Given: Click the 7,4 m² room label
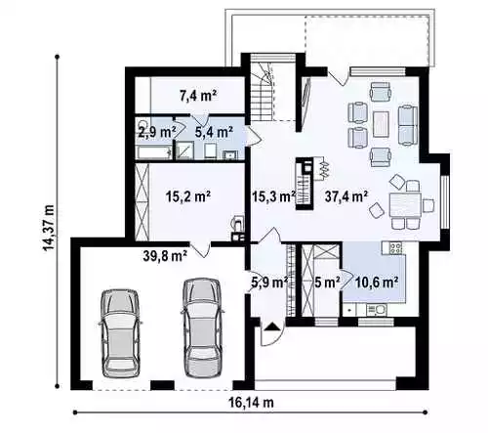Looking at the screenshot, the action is [x=198, y=96].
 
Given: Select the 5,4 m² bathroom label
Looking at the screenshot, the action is [x=214, y=132].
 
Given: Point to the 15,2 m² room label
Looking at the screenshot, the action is [x=188, y=196].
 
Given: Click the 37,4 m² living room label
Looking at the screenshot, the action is [x=346, y=196].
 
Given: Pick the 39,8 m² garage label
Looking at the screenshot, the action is [x=165, y=256].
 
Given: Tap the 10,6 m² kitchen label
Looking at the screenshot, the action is [x=377, y=282].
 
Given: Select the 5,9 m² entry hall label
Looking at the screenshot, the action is [x=269, y=282].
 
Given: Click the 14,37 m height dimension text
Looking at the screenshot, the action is [x=49, y=228].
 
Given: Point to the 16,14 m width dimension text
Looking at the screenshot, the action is [x=251, y=403].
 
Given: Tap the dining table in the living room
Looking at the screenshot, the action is [x=405, y=205].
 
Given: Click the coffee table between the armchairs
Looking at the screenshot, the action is [x=381, y=124].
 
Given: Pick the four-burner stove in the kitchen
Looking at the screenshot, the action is [x=395, y=248].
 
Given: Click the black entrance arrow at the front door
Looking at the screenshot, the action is [x=271, y=326].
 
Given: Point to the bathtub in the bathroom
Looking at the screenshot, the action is [x=154, y=152].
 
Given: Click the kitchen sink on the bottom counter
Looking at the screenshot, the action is [x=376, y=310].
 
